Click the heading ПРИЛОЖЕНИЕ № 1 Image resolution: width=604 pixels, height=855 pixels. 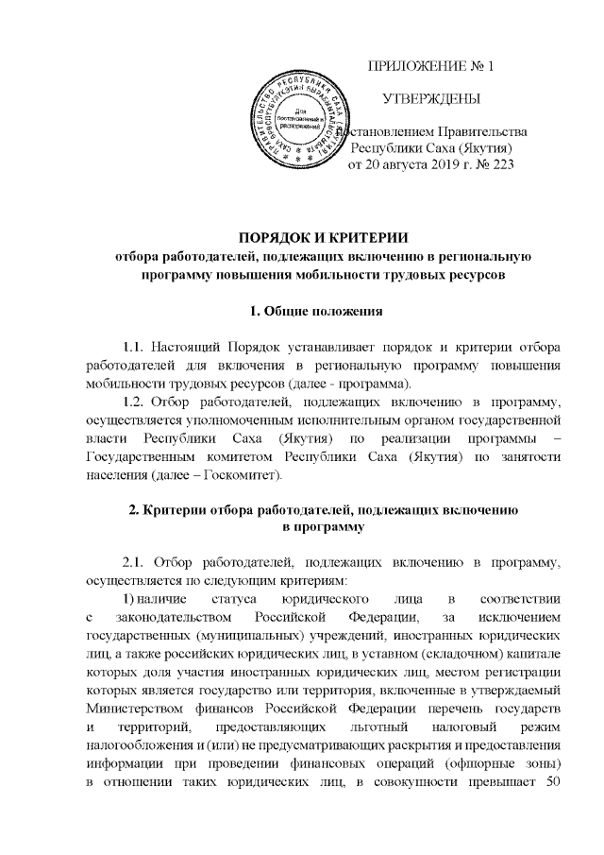pyautogui.click(x=429, y=66)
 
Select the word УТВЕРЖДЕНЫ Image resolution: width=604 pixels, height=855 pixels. pyautogui.click(x=430, y=99)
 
